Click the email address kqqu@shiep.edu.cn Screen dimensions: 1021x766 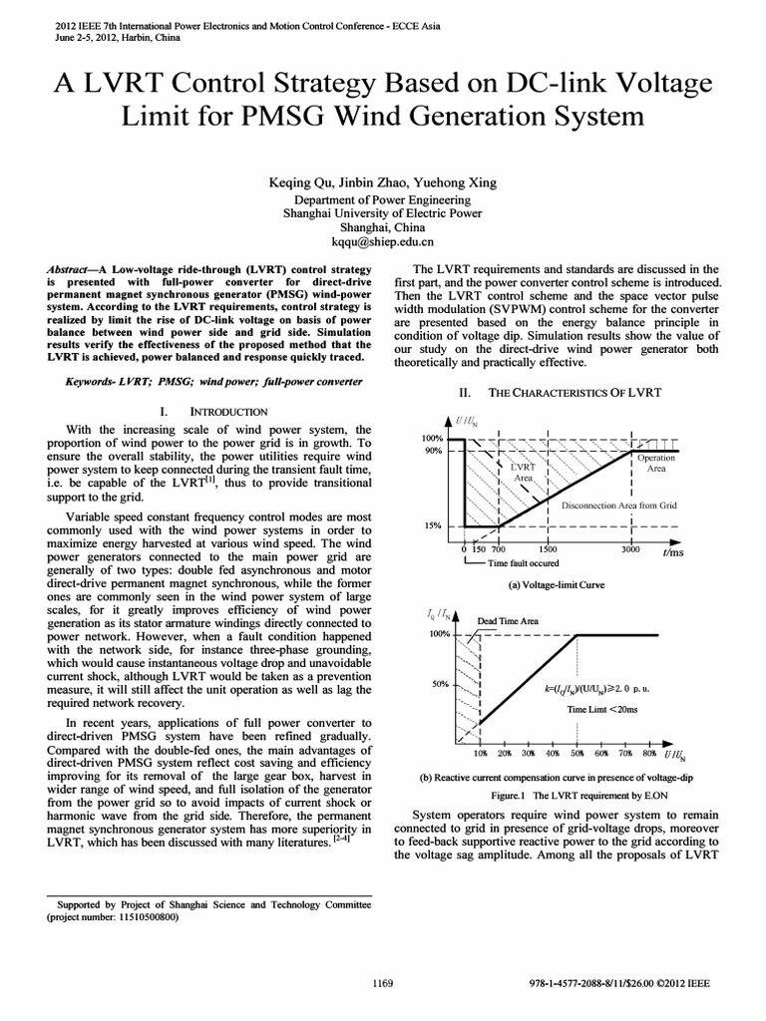pyautogui.click(x=382, y=241)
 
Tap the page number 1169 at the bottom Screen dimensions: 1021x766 pyautogui.click(x=383, y=983)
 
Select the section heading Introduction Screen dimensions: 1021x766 pyautogui.click(x=227, y=411)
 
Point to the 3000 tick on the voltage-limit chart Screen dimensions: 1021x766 pyautogui.click(x=629, y=549)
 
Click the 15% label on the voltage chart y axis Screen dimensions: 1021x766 pyautogui.click(x=431, y=525)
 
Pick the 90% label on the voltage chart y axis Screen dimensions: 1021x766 pyautogui.click(x=431, y=452)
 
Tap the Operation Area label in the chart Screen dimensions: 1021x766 pyautogui.click(x=656, y=463)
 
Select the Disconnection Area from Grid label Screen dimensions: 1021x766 pyautogui.click(x=618, y=506)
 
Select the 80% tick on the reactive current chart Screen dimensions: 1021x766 pyautogui.click(x=649, y=755)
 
